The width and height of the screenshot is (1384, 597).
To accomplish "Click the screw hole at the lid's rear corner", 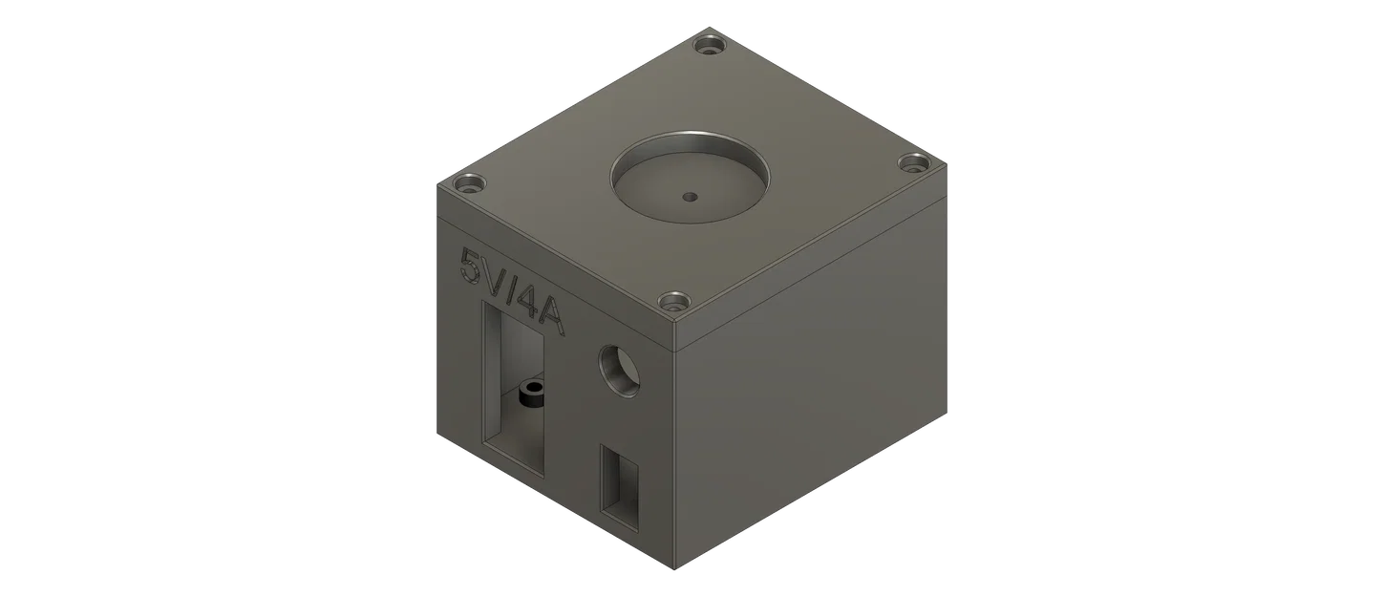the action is pyautogui.click(x=710, y=45).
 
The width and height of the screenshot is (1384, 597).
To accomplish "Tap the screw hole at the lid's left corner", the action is pyautogui.click(x=469, y=184).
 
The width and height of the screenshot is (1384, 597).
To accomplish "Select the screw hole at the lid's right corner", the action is pyautogui.click(x=914, y=164).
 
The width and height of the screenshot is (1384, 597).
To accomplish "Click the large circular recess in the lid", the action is pyautogui.click(x=691, y=176).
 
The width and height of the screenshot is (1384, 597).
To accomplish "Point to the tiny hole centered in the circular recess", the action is pyautogui.click(x=691, y=197).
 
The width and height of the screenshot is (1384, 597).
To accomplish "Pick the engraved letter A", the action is pyautogui.click(x=551, y=316).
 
